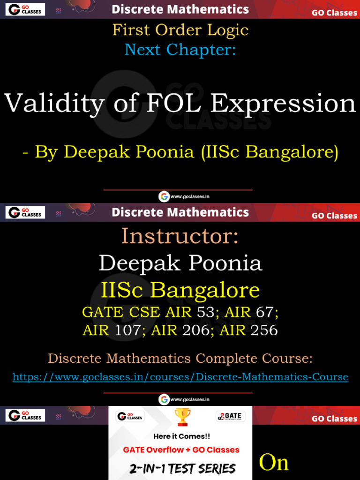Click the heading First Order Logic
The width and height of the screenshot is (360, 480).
(x=180, y=30)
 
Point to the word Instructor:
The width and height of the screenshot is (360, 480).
(x=180, y=236)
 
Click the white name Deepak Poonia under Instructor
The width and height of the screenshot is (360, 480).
(x=180, y=263)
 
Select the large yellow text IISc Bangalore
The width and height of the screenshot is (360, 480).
(x=180, y=290)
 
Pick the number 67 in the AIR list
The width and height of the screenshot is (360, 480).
(x=265, y=312)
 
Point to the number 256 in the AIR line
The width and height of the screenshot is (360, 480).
(x=264, y=330)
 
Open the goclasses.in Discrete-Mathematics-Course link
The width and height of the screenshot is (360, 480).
(x=180, y=377)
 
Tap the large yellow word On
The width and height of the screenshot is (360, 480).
(x=274, y=463)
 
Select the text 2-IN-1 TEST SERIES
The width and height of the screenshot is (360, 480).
(x=182, y=468)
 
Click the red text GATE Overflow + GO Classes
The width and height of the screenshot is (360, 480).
(x=181, y=450)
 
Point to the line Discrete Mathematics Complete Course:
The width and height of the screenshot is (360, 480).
(x=180, y=359)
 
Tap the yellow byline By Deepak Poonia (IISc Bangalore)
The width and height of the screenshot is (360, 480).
(x=180, y=152)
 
